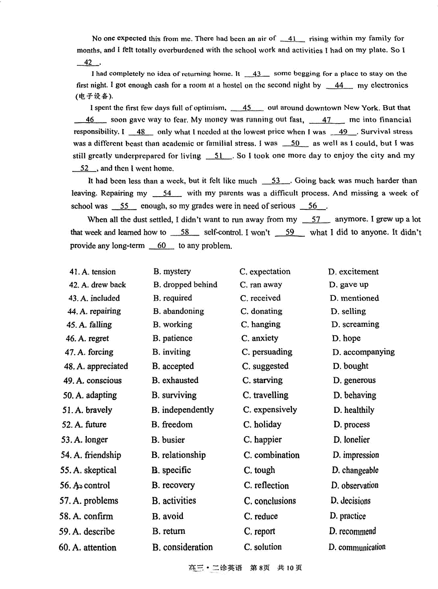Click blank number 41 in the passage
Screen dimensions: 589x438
292,39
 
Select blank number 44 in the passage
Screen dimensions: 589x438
339,85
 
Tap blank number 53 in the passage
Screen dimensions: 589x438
276,181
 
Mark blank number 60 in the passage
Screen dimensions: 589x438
161,246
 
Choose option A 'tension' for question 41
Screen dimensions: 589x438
99,272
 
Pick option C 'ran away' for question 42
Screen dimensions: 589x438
261,285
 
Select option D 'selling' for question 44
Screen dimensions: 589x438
348,311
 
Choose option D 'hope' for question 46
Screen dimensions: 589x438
346,338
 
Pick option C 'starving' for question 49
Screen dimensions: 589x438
262,380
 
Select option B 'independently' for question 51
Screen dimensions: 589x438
182,410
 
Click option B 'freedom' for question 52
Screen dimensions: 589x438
172,425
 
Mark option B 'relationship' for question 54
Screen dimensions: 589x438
178,455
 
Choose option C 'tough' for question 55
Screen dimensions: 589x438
259,470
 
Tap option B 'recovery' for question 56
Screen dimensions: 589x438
173,485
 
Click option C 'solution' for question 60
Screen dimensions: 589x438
263,547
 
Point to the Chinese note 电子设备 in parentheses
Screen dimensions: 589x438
94,96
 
